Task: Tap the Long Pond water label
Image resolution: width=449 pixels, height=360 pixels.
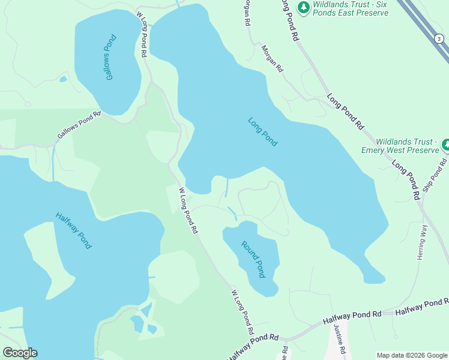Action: tap(263, 131)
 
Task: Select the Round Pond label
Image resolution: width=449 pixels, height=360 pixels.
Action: tap(253, 259)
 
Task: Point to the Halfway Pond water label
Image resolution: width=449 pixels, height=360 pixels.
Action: tap(73, 230)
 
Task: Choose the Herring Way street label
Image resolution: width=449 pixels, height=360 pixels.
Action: tap(421, 242)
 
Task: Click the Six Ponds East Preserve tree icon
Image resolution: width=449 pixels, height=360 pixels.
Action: tap(304, 7)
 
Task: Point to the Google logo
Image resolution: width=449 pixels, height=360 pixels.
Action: tap(20, 353)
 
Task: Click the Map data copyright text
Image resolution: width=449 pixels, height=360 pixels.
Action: tap(411, 355)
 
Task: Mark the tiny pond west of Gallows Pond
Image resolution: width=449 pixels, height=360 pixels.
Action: tap(63, 79)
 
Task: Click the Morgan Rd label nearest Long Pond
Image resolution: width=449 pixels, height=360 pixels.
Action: tap(271, 59)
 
